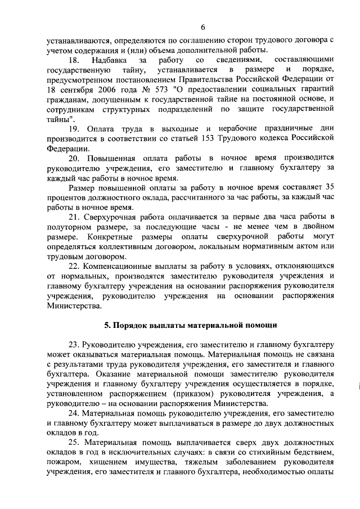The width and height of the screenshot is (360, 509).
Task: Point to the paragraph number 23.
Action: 74,344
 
